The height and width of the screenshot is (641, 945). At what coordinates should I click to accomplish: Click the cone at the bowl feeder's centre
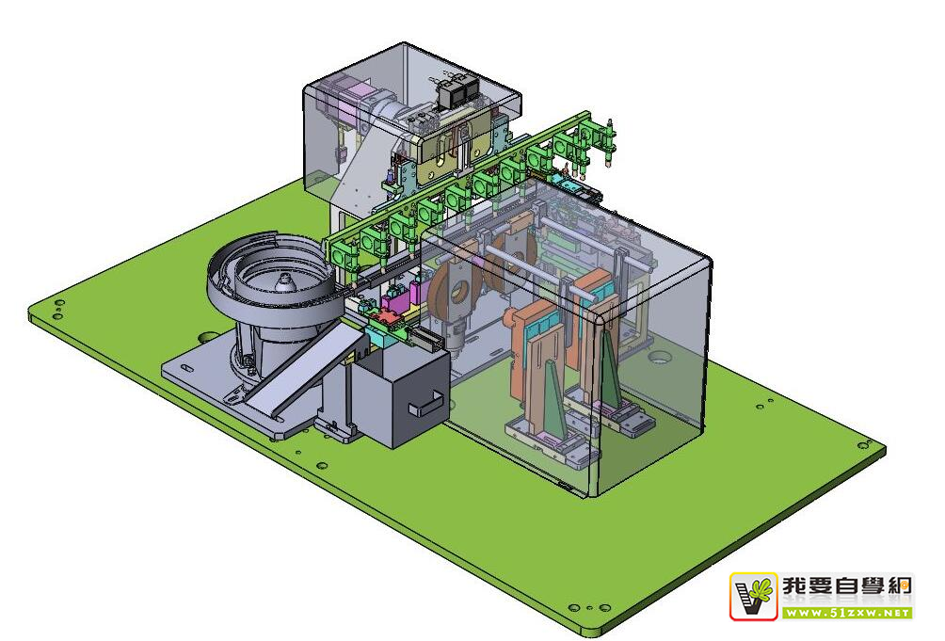coord(283,280)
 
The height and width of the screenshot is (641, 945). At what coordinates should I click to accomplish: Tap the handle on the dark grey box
coord(426,404)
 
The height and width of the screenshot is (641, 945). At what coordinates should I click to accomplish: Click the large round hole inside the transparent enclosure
coord(660,358)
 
